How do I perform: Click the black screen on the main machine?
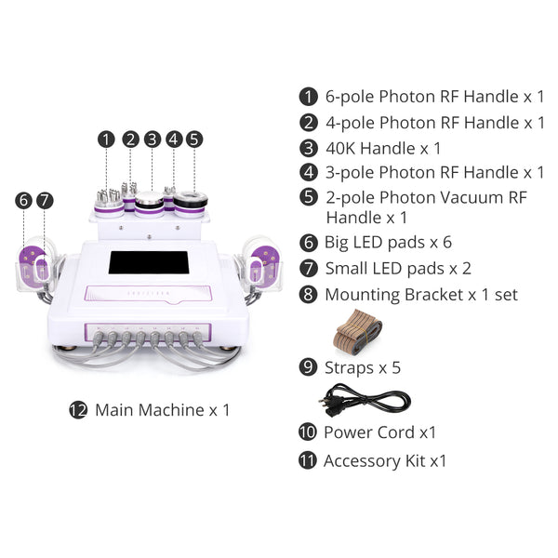click(x=149, y=263)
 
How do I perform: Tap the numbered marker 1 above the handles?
click(x=107, y=139)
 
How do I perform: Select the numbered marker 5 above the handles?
click(x=193, y=139)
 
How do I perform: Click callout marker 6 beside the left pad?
click(x=23, y=200)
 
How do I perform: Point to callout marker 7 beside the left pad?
click(x=45, y=200)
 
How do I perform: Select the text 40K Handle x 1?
click(x=383, y=148)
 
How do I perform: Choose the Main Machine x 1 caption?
click(x=162, y=409)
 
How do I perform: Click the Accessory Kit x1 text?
click(x=385, y=460)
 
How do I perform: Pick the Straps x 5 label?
click(x=363, y=367)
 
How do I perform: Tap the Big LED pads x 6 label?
click(x=388, y=243)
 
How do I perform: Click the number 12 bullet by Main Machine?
click(x=78, y=409)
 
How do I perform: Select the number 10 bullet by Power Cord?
click(x=308, y=432)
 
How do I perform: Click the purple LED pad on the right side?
click(x=263, y=268)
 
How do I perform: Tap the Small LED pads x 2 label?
click(x=398, y=269)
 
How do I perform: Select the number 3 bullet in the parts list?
click(x=308, y=148)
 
